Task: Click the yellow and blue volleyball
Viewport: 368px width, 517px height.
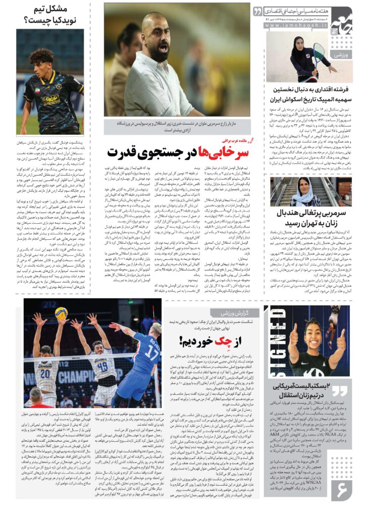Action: tap(62, 313)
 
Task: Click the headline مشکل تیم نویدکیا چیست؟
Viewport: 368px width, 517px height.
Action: tap(50, 15)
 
